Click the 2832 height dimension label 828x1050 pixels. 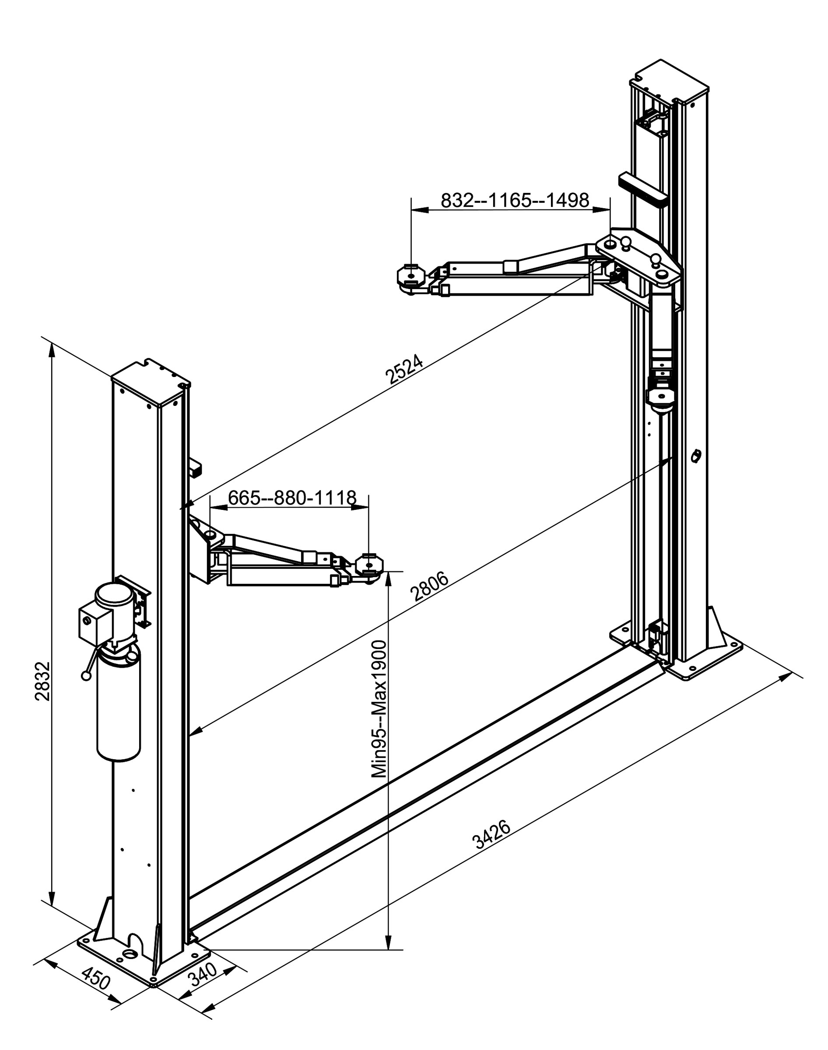pyautogui.click(x=42, y=680)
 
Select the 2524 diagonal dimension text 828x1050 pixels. pyautogui.click(x=404, y=369)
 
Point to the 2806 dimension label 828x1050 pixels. pyautogui.click(x=429, y=586)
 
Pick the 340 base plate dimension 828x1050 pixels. pyautogui.click(x=203, y=973)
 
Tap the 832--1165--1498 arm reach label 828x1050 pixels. pyautogui.click(x=514, y=199)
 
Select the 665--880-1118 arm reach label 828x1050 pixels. pyautogui.click(x=292, y=497)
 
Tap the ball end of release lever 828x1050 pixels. pyautogui.click(x=86, y=676)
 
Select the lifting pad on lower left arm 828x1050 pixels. pyautogui.click(x=369, y=564)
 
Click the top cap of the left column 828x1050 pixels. pyautogui.click(x=150, y=384)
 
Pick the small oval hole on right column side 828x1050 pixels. pyautogui.click(x=696, y=456)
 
